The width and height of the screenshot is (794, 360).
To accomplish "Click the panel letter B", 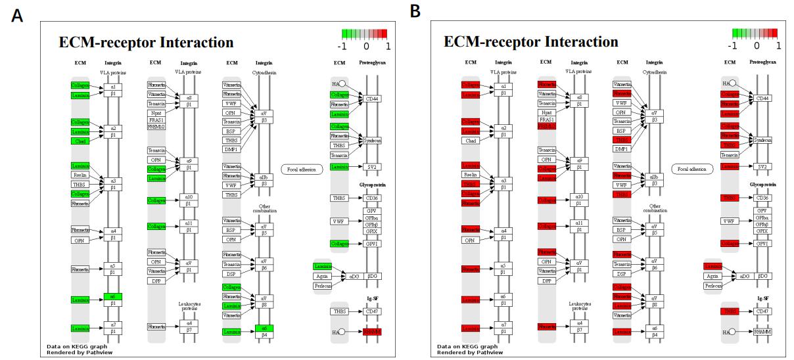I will coord(414,11).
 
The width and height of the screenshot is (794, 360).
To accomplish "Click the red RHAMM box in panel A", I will coord(372,332).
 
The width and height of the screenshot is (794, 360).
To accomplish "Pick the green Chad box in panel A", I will coord(80,141).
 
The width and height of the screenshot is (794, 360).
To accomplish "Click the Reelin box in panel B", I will coord(470,175).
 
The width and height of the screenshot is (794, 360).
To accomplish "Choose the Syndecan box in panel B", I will coord(762,140).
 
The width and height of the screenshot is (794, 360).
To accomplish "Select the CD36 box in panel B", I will coord(762,198).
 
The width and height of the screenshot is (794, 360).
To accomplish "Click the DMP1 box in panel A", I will coord(231,148).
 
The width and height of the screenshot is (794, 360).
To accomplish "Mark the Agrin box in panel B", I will coord(712,276).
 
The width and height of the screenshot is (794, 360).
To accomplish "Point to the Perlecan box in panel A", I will coord(323,286).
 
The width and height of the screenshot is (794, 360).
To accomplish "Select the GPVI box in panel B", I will coord(762,243).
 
